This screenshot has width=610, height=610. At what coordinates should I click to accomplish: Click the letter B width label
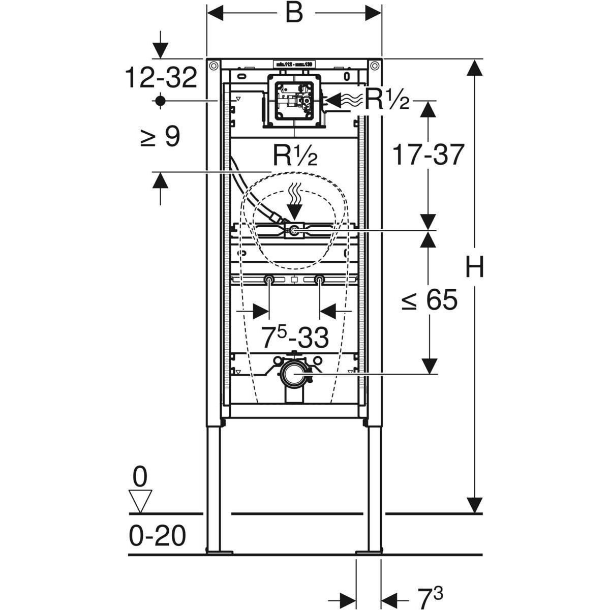[294, 14]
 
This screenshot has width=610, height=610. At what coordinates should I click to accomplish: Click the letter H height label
[475, 267]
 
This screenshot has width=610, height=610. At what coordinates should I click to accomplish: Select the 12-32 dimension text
[161, 78]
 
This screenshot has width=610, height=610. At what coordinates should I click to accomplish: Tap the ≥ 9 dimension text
[160, 137]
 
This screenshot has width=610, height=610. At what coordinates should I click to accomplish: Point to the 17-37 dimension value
[428, 155]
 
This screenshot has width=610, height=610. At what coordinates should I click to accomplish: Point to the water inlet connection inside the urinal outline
[294, 231]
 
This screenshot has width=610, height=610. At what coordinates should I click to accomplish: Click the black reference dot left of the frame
[161, 101]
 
